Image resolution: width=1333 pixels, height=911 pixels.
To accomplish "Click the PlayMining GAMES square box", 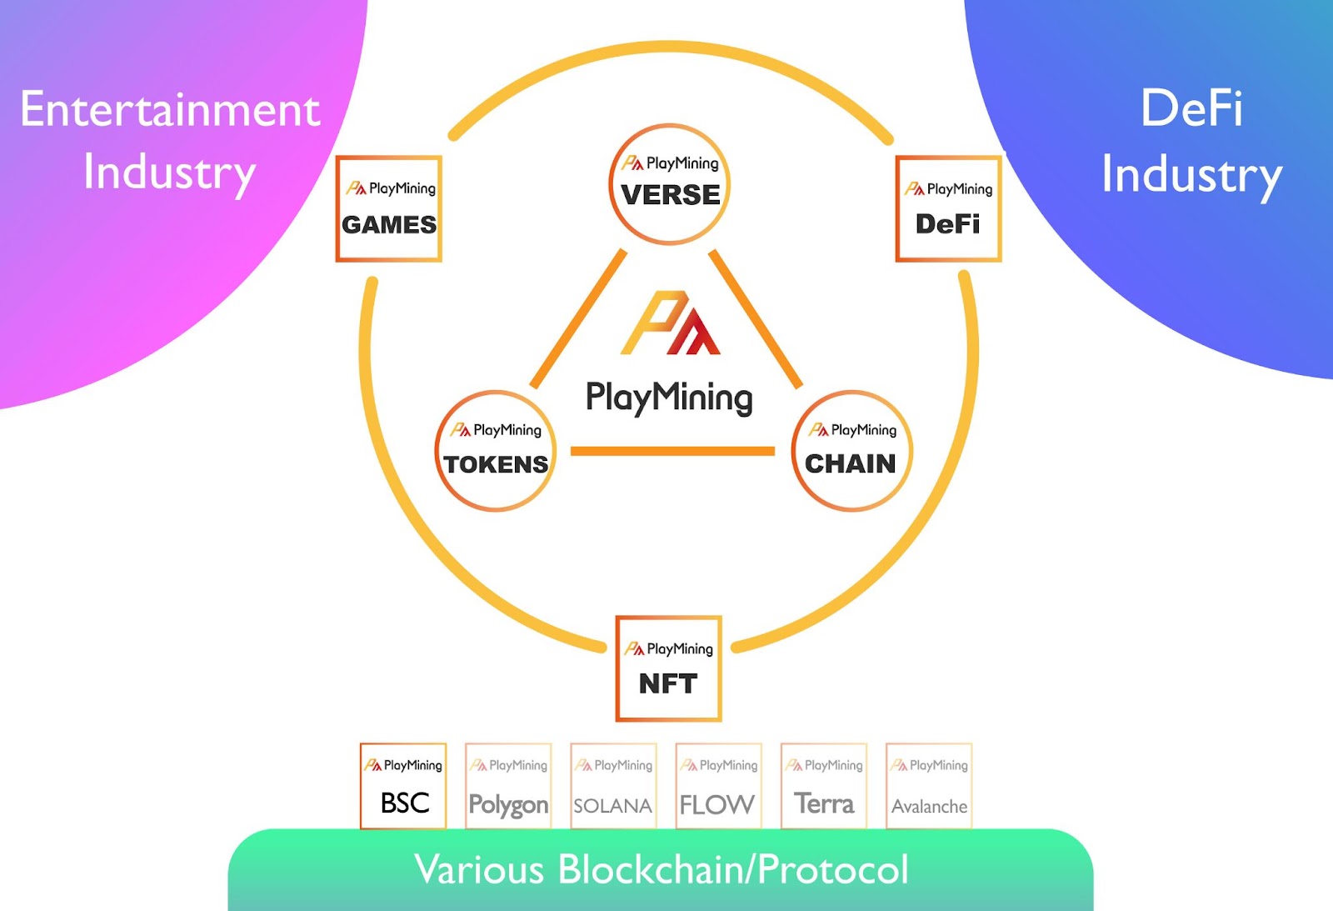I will pos(388,209).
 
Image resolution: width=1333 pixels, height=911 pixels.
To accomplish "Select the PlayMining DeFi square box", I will pos(948,209).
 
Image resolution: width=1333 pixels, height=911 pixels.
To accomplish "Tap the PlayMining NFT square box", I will pos(668,668).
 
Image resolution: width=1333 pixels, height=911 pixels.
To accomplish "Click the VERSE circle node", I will pos(670,184).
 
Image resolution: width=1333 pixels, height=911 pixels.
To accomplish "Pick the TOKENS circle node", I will pos(496,451).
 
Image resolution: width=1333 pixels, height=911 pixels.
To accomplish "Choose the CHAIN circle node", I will pos(851,451).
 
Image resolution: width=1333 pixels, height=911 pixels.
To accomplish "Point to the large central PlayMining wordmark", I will pos(669,398).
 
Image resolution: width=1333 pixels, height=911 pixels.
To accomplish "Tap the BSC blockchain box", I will pos(403,786).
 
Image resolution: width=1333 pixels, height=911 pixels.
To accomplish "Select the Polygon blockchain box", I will pos(508,786).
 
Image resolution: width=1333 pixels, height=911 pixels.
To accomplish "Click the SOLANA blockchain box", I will pos(613,786).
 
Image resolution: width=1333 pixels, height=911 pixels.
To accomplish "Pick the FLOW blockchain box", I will pos(718,786).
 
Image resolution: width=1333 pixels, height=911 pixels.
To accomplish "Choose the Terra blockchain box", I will pos(824,786).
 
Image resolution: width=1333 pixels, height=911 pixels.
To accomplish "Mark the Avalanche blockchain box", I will pos(929,786).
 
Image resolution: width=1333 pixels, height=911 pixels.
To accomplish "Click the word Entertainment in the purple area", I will pos(170,109).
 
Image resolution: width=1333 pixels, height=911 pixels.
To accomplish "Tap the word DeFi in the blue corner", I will pos(1191,108).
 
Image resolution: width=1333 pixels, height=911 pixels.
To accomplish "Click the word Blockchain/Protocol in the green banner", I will pos(732,869).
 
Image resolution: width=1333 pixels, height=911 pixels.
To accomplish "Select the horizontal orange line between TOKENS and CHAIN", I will pos(672,451).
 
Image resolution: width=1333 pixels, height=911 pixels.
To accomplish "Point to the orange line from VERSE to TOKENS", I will pos(578,319).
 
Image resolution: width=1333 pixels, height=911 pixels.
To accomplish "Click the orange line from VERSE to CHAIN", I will pos(756,319).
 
